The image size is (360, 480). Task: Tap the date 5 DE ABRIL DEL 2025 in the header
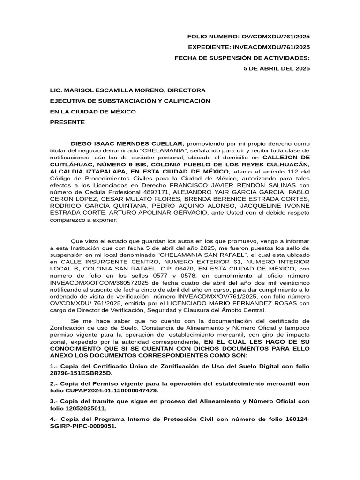pos(277,68)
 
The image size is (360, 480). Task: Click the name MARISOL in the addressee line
pos(78,90)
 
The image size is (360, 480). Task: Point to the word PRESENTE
pos(67,122)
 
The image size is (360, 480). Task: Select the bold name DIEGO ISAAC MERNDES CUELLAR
pos(128,143)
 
